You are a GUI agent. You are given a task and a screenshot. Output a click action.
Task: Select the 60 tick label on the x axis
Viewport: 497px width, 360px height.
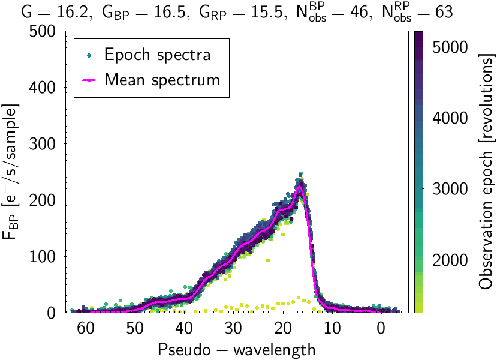(x=86, y=328)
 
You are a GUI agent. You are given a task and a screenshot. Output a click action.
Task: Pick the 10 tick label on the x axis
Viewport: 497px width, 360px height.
(x=332, y=328)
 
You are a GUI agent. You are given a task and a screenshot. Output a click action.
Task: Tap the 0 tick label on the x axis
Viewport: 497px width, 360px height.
(x=381, y=328)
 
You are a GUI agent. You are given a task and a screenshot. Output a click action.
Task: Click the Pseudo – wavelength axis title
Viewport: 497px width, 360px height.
(x=237, y=349)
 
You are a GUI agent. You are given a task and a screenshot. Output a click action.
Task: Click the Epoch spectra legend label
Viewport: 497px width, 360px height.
(x=158, y=55)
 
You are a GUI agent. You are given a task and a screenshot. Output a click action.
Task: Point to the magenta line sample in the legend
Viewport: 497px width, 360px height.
(x=89, y=79)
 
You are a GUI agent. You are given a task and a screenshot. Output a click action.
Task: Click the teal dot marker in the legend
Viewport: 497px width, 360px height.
(x=89, y=55)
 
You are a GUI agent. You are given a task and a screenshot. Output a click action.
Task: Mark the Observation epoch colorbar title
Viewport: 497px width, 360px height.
(x=487, y=172)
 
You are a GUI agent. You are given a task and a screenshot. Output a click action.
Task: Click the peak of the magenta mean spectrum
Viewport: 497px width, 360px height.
(x=300, y=187)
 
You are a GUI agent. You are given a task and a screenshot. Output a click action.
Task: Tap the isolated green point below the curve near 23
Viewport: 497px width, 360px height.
(x=267, y=260)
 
